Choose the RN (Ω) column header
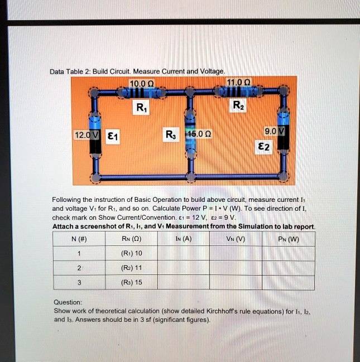[x=132, y=239]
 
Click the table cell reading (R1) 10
[x=132, y=253]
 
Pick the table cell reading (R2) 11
[x=132, y=268]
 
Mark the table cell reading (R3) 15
[x=132, y=282]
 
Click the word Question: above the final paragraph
[x=68, y=302]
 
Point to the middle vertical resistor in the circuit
[x=191, y=134]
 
